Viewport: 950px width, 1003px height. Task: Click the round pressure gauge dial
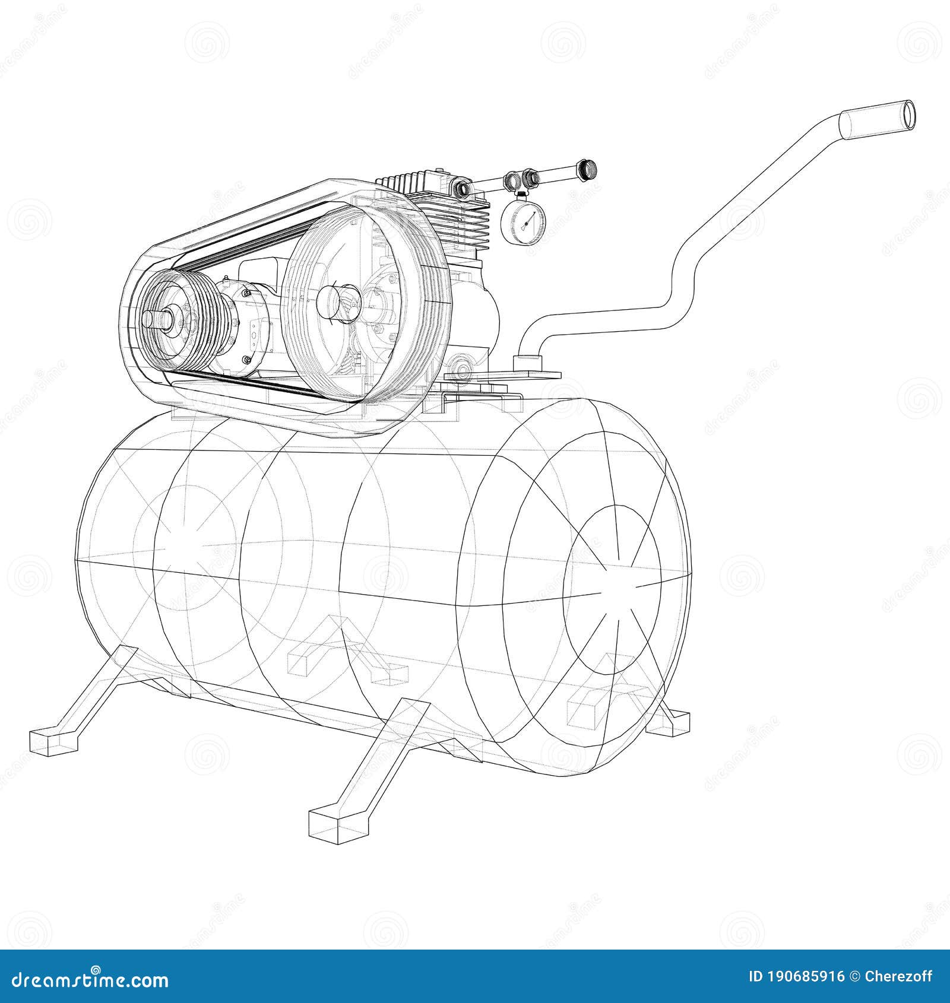[523, 221]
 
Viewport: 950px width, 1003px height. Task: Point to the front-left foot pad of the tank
[53, 741]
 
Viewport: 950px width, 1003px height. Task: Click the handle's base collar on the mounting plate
[527, 360]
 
